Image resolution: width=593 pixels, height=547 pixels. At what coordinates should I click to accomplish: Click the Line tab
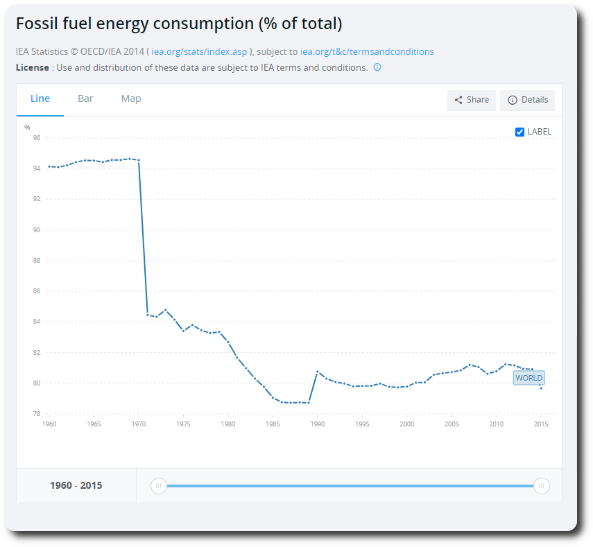[x=40, y=98]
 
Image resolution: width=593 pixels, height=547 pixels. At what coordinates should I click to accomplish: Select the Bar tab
[x=85, y=98]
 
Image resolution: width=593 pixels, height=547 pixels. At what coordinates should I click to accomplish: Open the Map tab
[x=131, y=98]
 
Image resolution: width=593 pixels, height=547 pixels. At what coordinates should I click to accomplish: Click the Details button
[x=527, y=100]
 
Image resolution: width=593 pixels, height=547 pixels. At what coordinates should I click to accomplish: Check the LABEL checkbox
[x=520, y=132]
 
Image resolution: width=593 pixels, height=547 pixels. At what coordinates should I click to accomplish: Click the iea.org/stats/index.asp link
[x=199, y=51]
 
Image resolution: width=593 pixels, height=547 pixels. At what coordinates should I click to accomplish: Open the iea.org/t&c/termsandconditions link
[x=367, y=51]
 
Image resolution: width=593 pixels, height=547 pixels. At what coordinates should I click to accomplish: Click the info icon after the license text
[x=377, y=67]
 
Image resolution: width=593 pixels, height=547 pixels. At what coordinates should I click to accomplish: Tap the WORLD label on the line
[x=528, y=378]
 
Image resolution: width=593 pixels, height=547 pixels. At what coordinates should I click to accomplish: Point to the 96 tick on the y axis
[x=37, y=137]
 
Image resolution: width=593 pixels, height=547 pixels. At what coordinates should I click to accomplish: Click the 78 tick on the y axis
[x=37, y=414]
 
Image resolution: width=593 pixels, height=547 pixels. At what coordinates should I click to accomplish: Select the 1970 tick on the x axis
[x=139, y=424]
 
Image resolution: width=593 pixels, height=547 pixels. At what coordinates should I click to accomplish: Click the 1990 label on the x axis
[x=318, y=424]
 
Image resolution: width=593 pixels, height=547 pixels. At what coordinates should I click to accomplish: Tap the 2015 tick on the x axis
[x=541, y=424]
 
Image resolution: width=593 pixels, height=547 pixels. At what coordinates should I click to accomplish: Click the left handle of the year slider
[x=159, y=485]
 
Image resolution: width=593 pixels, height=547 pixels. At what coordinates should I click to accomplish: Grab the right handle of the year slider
[x=542, y=485]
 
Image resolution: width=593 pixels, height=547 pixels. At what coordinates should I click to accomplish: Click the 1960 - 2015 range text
[x=76, y=485]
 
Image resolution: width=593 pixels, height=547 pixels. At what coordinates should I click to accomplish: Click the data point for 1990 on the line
[x=318, y=372]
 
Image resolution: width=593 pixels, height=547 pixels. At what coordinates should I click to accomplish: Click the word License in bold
[x=33, y=67]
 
